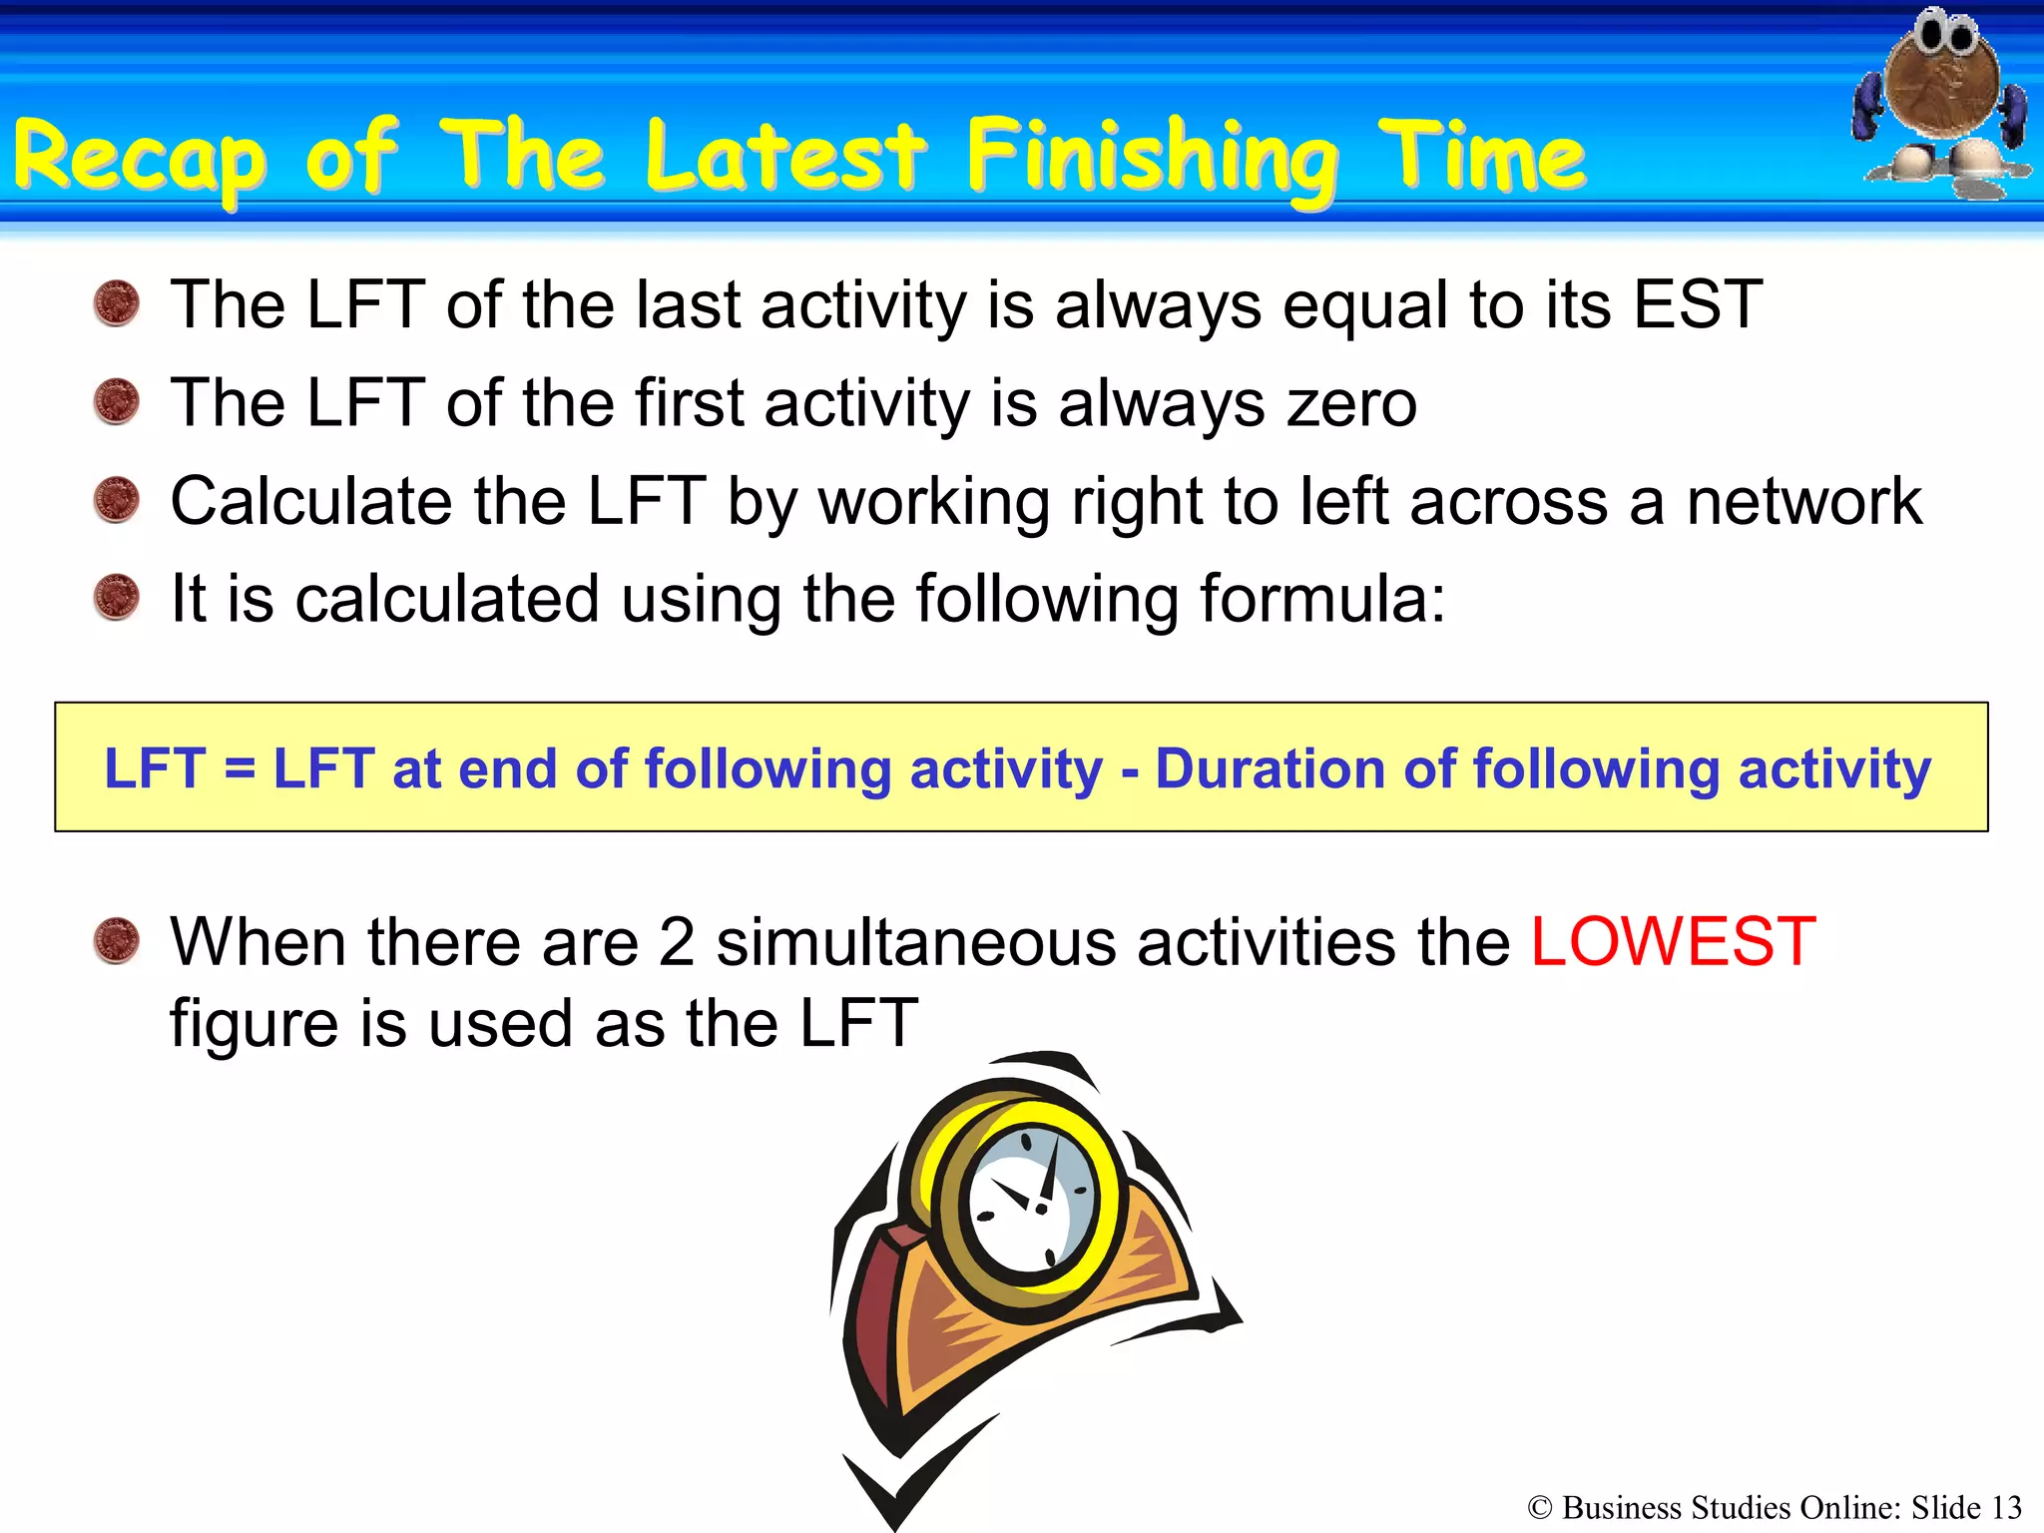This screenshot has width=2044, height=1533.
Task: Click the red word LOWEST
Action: coord(1673,942)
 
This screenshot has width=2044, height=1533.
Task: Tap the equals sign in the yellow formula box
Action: coord(240,769)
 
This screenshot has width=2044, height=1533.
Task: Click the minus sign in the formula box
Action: coord(1129,771)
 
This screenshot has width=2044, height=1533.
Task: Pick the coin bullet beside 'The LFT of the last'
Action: coord(117,304)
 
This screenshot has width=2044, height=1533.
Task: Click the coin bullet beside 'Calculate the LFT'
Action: coord(117,500)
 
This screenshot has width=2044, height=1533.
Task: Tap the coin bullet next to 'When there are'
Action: coord(117,941)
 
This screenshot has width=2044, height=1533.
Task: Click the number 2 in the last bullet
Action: coord(676,942)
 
